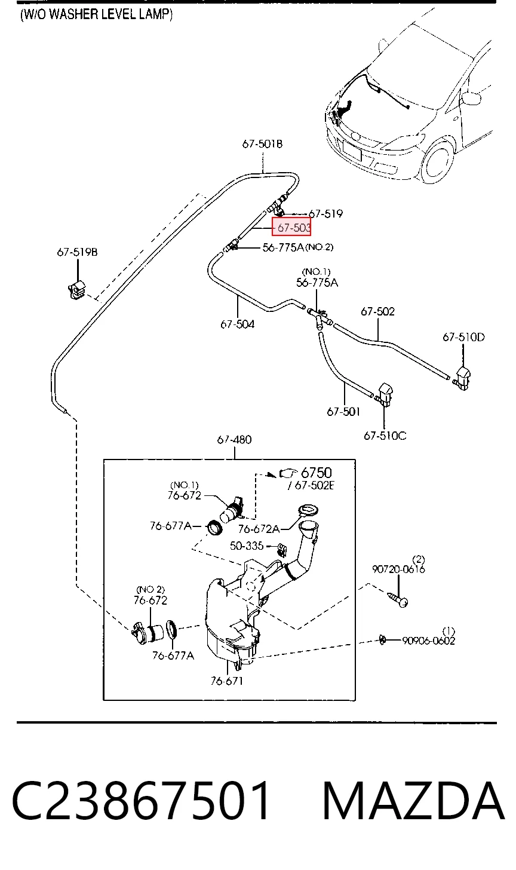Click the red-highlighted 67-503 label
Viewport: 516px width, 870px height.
pos(291,227)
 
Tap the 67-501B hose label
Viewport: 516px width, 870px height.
pos(262,144)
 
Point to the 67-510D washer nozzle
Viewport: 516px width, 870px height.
pos(462,377)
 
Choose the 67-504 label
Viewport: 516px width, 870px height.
pos(237,324)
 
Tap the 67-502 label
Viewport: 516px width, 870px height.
pos(377,311)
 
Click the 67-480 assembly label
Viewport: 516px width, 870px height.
pos(234,440)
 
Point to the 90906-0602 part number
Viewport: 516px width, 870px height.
pos(428,641)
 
